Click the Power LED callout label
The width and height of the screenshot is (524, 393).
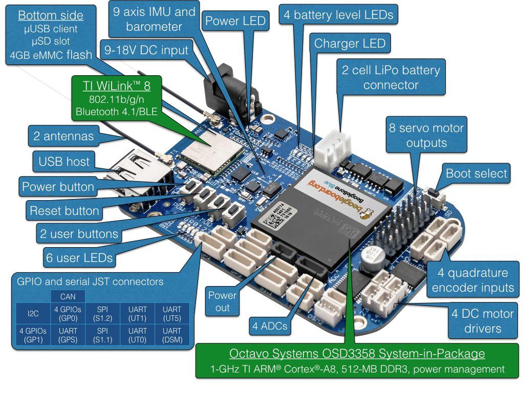(236, 21)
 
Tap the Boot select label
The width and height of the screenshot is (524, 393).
(476, 173)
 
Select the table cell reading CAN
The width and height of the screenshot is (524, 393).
(68, 296)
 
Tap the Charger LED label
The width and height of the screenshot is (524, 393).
(350, 43)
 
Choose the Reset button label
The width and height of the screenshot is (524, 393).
(64, 210)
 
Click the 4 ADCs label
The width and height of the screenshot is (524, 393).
(269, 325)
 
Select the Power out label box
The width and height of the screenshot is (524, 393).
(223, 301)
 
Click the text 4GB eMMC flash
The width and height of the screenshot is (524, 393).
(51, 55)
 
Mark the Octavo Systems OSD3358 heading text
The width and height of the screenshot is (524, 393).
(357, 354)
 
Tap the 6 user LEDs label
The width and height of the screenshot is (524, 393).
(79, 258)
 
